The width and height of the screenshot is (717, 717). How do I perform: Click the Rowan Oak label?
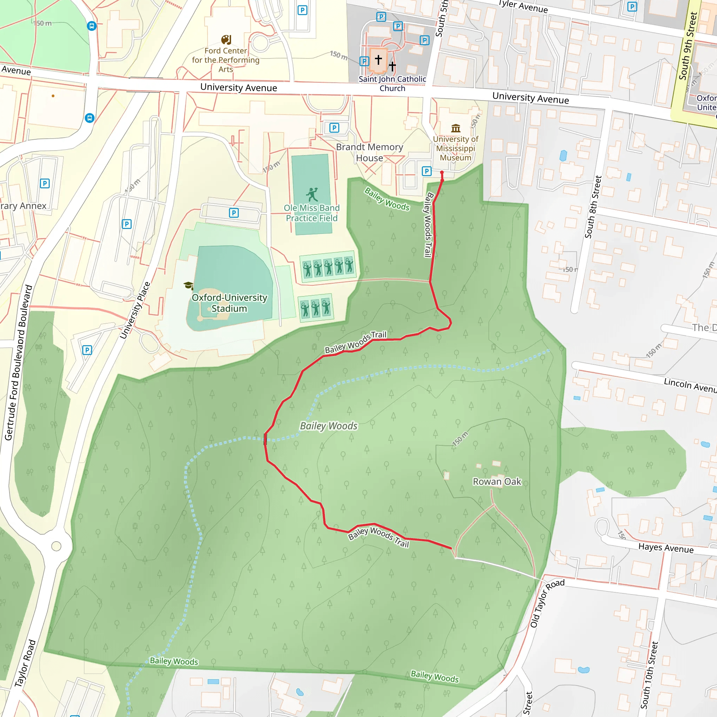pos(496,482)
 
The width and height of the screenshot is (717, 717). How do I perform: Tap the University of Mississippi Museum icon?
pos(456,128)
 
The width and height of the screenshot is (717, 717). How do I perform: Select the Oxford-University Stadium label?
pos(229,303)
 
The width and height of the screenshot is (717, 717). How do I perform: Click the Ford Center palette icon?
pos(226,40)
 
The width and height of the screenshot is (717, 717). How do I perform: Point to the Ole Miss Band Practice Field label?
pos(312,213)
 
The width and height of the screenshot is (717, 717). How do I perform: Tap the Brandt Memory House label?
pos(369,153)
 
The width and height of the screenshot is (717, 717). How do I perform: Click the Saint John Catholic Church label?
pos(392,84)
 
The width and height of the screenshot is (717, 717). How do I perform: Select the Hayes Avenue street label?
pos(666,548)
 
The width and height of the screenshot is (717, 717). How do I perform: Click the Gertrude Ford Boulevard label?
pos(18,363)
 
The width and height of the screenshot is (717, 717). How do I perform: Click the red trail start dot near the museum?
pos(441,173)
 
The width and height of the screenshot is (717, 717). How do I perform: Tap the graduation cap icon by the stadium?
pos(188,285)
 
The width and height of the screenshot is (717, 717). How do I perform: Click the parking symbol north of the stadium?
pos(234,213)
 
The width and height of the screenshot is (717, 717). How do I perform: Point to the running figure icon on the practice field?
pos(312,194)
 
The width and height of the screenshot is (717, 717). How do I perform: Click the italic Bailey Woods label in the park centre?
pos(328,426)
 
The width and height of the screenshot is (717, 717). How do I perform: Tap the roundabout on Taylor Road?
pos(56,546)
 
